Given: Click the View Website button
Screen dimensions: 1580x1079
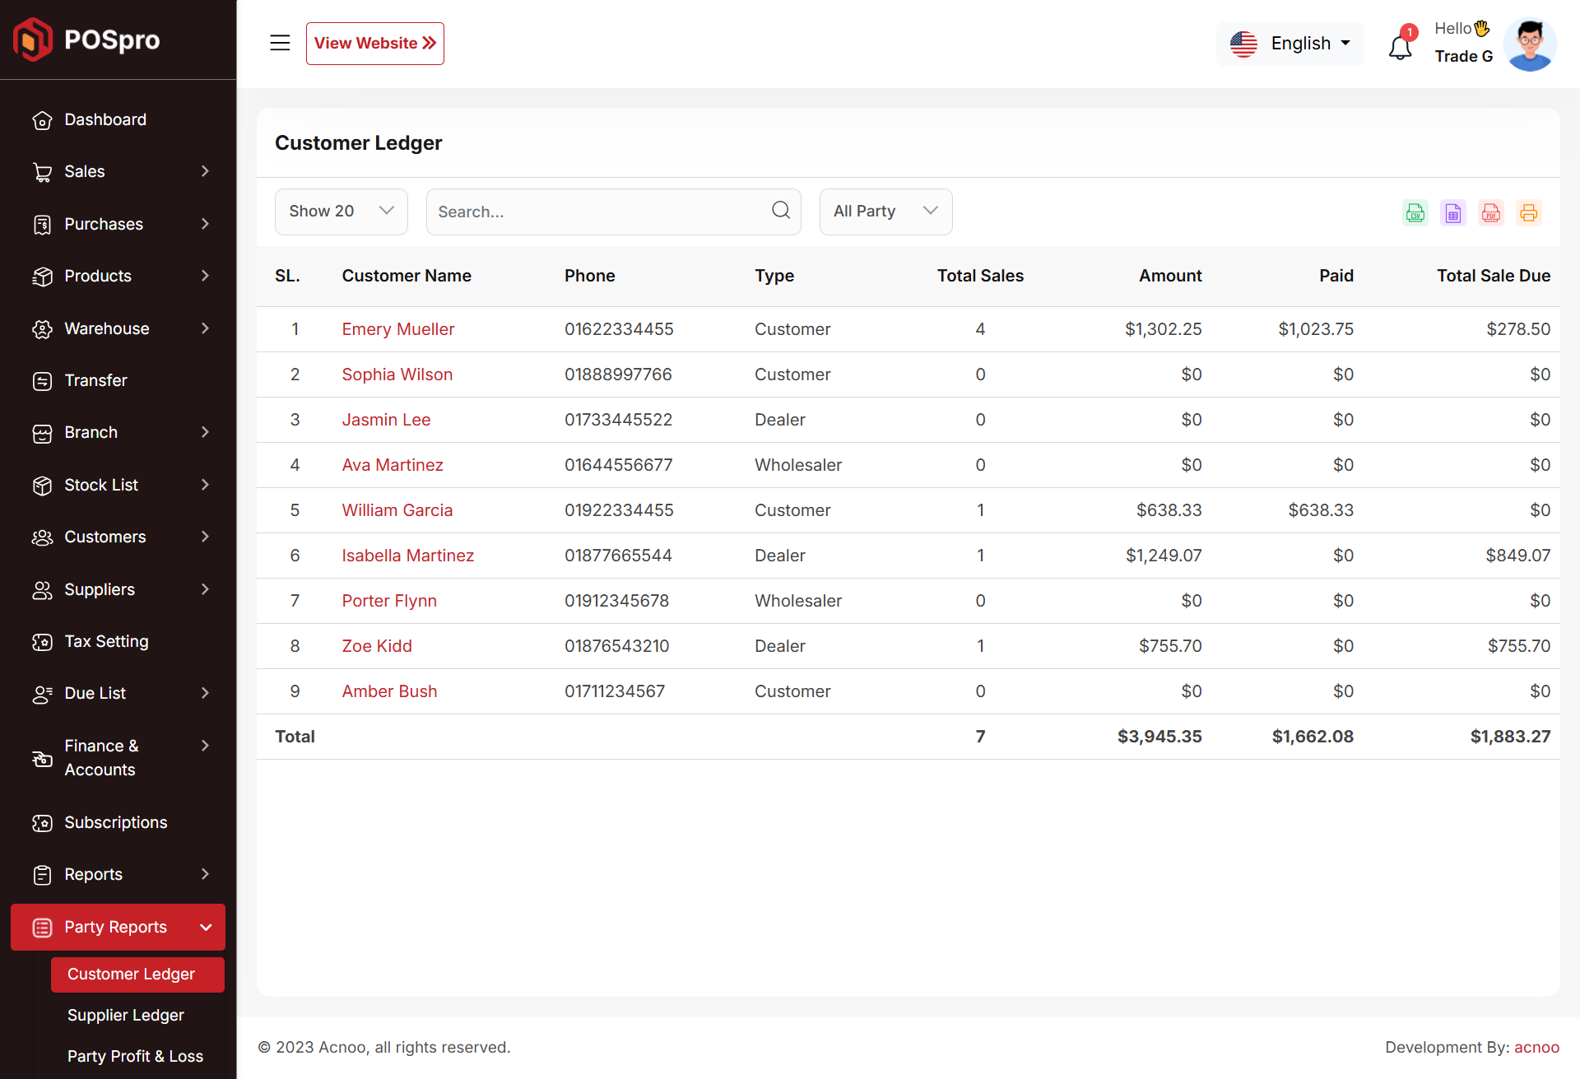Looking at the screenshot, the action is (x=374, y=44).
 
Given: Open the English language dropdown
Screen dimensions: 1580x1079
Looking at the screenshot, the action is (x=1290, y=44).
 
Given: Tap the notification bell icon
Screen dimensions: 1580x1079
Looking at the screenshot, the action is (x=1401, y=47).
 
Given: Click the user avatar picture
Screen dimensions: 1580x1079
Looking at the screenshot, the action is (x=1530, y=44).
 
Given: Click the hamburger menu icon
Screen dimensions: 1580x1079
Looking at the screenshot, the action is (x=280, y=43).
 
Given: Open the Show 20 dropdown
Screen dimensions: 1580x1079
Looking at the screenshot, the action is (x=342, y=212).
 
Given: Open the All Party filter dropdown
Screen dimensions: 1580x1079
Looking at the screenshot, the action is (x=885, y=212).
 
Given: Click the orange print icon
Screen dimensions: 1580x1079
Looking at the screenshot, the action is (x=1529, y=213).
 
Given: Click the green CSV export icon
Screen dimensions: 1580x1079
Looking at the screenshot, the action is (x=1415, y=213).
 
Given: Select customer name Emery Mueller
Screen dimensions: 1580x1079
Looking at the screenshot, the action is (x=398, y=329).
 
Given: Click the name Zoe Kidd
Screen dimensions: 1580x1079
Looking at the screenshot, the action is (x=377, y=646).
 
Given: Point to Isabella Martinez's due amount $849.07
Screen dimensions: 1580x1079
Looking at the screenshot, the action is (x=1517, y=556).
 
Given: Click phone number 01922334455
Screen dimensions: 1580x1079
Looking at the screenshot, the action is (x=619, y=510).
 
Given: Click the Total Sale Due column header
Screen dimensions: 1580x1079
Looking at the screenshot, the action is (x=1494, y=276).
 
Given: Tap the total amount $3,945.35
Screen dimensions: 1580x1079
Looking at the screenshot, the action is (x=1159, y=737).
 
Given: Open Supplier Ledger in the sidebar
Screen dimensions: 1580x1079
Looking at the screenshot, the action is (x=126, y=1015).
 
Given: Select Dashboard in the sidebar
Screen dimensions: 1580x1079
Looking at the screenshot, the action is (x=105, y=120).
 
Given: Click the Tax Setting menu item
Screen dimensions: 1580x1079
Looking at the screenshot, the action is (x=106, y=641).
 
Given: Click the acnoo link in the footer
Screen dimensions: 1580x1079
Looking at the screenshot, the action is (x=1536, y=1047).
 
